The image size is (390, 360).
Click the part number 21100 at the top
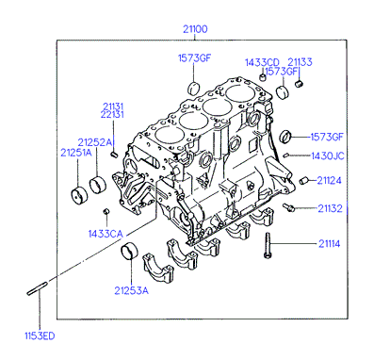click(195, 29)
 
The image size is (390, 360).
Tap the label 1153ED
click(40, 335)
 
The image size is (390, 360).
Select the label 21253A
click(131, 290)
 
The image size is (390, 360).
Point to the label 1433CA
click(106, 234)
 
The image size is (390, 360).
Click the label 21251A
click(76, 153)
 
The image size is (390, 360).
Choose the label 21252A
click(94, 142)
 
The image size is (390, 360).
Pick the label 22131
click(112, 115)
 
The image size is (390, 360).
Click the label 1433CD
click(262, 62)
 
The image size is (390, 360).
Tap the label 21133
click(300, 62)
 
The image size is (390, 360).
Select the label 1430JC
click(328, 155)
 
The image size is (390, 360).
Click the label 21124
click(329, 181)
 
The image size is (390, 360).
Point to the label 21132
click(330, 208)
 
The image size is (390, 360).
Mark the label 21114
click(330, 244)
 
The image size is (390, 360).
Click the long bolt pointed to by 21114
click(268, 246)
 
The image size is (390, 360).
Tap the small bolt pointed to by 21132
click(288, 207)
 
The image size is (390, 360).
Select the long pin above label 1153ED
click(37, 288)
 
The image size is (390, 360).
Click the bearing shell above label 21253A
click(129, 252)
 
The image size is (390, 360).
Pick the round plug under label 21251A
click(78, 196)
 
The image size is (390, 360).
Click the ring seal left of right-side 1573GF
click(285, 137)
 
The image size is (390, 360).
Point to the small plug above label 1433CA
click(106, 211)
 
